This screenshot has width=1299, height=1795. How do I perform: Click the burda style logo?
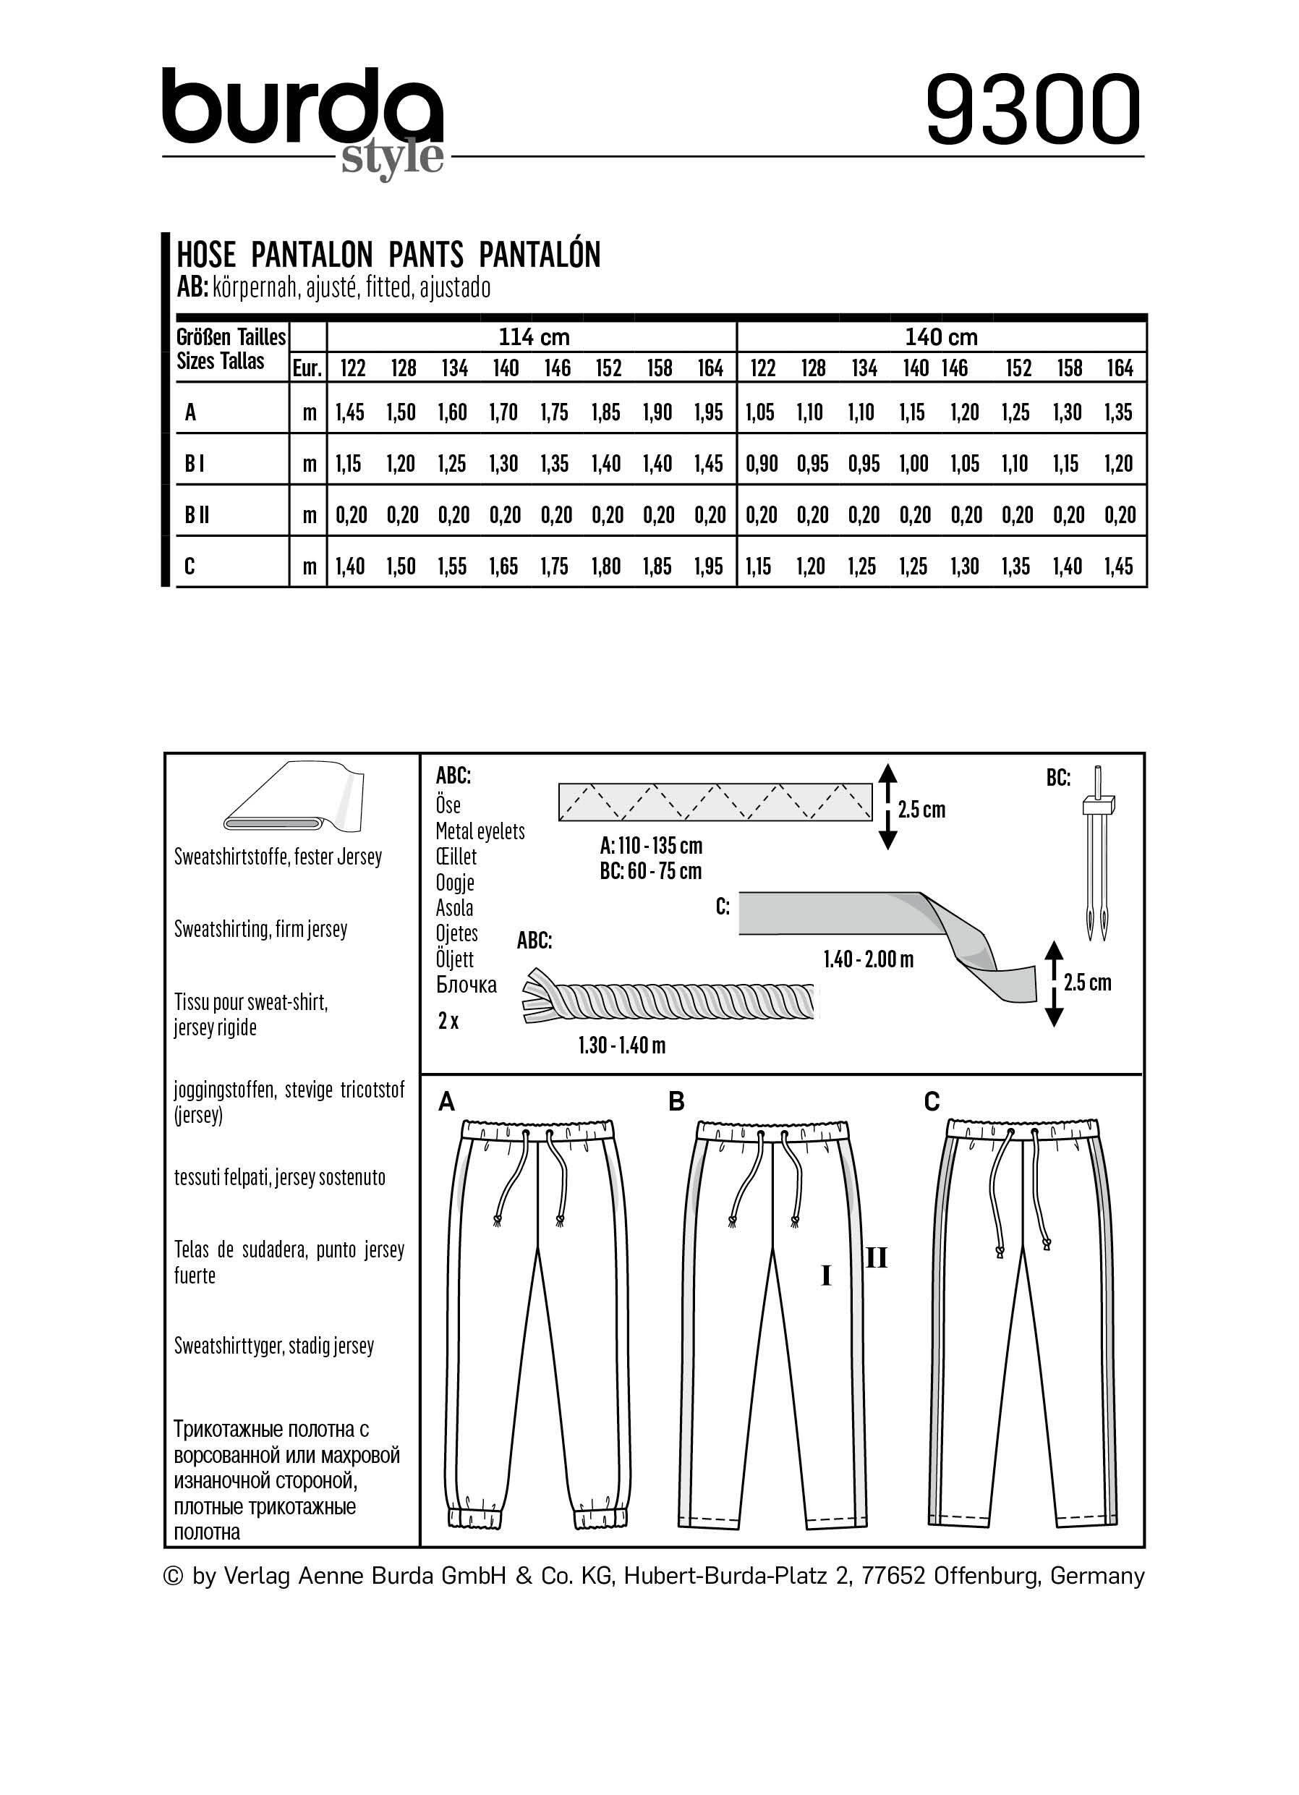pyautogui.click(x=303, y=119)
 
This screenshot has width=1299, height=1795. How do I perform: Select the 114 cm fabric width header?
pyautogui.click(x=533, y=337)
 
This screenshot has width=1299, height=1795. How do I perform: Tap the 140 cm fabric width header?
pyautogui.click(x=942, y=337)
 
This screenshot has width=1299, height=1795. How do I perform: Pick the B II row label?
pyautogui.click(x=197, y=515)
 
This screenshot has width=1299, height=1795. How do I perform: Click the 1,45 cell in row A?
pyautogui.click(x=349, y=412)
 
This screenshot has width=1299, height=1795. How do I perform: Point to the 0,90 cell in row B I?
pyautogui.click(x=761, y=464)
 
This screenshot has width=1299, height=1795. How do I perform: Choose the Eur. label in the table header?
pyautogui.click(x=307, y=369)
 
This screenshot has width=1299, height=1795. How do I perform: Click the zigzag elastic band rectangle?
pyautogui.click(x=715, y=802)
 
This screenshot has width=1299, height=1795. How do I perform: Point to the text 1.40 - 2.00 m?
pyautogui.click(x=868, y=960)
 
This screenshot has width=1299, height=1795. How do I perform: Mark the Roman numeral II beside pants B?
pyautogui.click(x=876, y=1257)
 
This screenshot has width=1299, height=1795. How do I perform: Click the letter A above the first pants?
pyautogui.click(x=447, y=1102)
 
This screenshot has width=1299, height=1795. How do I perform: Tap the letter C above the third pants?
pyautogui.click(x=932, y=1102)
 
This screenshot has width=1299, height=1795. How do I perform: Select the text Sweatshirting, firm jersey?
pyautogui.click(x=260, y=929)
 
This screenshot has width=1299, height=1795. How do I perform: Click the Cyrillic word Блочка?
pyautogui.click(x=466, y=985)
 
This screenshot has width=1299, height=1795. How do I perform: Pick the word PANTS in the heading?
pyautogui.click(x=425, y=255)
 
